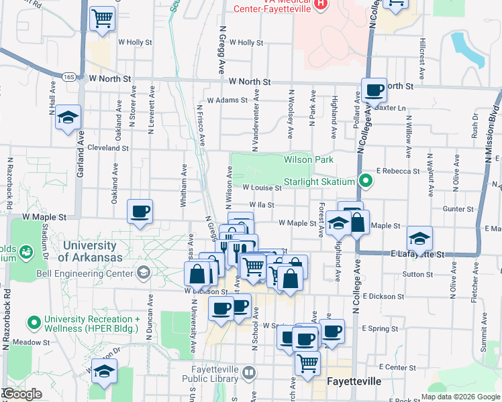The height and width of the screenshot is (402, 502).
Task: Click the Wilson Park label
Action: coord(308,159)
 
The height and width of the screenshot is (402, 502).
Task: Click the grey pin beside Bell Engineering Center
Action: coord(143,271)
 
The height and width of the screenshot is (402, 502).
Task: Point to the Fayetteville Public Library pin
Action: coord(249,371)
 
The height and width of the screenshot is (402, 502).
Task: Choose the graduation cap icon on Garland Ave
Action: coord(68,118)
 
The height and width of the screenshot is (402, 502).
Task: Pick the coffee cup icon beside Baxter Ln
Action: coord(374,90)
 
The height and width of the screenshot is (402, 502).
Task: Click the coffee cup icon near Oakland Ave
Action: coord(140,212)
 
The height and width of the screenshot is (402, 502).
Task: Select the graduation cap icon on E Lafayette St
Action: coord(419,238)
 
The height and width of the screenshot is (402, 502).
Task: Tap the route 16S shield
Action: coord(68,78)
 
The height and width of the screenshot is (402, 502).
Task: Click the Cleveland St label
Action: coord(107,147)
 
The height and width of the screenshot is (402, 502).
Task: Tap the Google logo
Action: coord(22,394)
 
